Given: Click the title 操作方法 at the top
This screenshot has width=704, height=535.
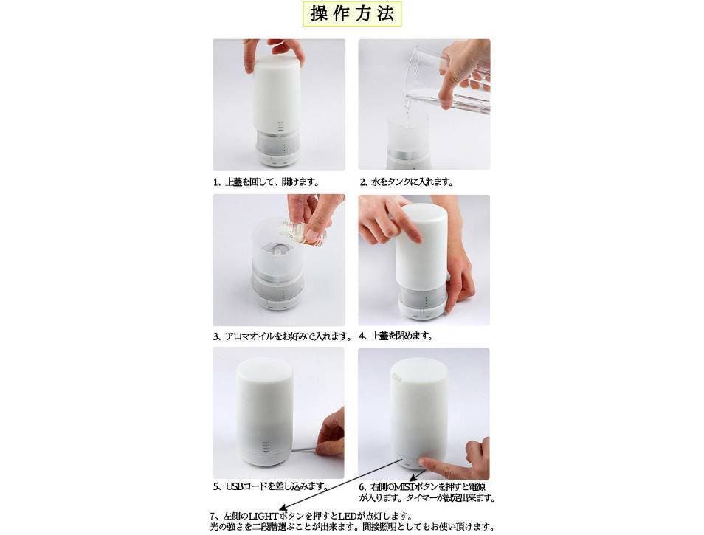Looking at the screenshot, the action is pos(352,13).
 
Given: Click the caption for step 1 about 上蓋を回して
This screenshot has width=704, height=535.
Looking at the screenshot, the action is pos(266,182).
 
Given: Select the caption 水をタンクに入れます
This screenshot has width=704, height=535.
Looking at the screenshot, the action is pos(407,182).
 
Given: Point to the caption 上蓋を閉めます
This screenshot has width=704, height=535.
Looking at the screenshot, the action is pos(396,336).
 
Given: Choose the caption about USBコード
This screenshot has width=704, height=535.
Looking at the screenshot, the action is pos(270,486).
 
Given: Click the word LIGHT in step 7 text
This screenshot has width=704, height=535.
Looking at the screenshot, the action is pos(263,516).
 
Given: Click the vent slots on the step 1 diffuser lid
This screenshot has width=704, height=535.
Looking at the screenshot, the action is pos(280,125).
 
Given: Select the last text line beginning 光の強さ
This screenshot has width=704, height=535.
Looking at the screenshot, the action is pos(352,527).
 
